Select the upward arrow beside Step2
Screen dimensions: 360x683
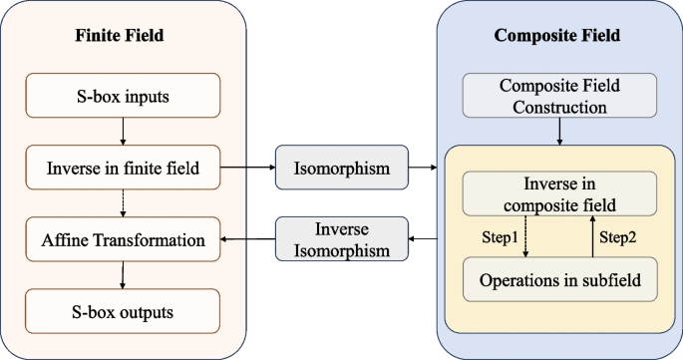pos(590,237)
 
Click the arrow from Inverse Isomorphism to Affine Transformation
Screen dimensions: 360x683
pos(246,239)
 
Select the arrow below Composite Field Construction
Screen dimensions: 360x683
pos(558,131)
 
